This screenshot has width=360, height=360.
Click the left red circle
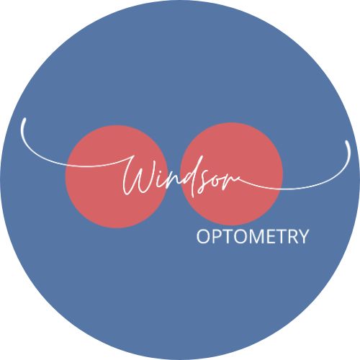click(117, 176)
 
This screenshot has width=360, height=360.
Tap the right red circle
click(232, 174)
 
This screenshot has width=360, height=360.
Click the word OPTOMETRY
click(253, 237)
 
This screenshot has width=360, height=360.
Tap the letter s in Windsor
click(204, 184)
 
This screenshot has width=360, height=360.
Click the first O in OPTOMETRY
click(204, 237)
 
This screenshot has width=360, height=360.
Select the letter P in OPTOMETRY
click(218, 237)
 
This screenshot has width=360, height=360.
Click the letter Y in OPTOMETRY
click(304, 237)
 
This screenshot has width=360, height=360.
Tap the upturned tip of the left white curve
click(24, 119)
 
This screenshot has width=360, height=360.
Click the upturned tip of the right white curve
click(347, 142)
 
